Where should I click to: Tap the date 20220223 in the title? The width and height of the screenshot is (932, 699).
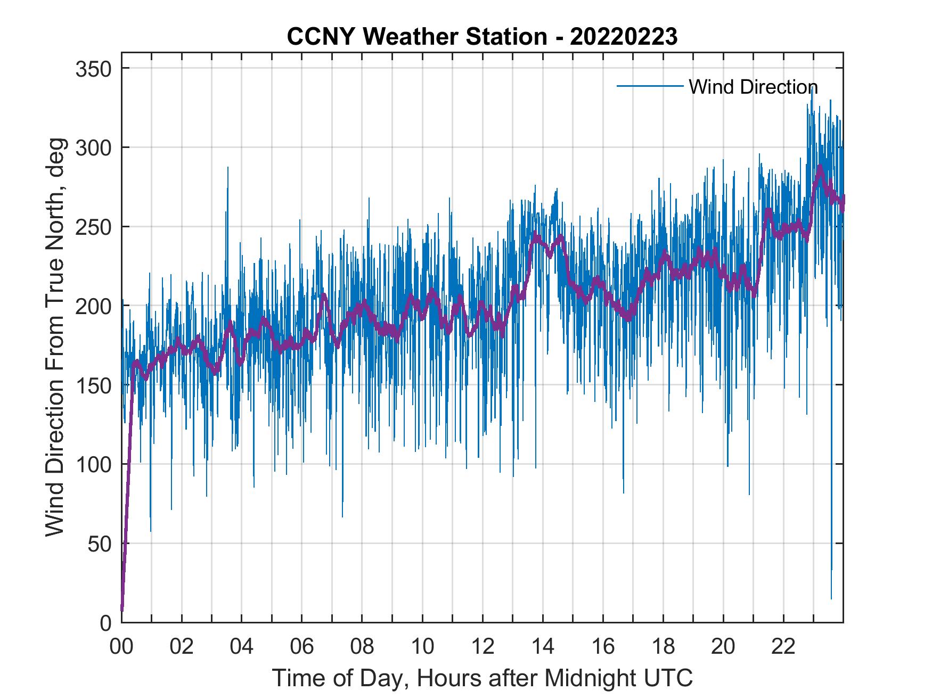click(x=624, y=37)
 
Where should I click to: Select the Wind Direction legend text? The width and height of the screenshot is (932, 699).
click(x=753, y=87)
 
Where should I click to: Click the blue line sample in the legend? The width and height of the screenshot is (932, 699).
click(x=650, y=86)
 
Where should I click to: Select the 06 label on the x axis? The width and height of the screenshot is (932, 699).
click(x=301, y=647)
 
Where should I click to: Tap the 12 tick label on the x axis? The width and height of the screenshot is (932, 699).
click(x=483, y=647)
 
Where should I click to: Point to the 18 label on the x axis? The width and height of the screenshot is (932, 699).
click(x=663, y=647)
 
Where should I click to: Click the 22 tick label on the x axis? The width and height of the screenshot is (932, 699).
click(x=783, y=647)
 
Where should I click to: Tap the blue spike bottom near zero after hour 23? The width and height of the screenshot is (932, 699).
click(x=831, y=598)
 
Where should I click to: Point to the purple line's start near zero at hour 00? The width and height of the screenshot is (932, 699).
click(x=122, y=610)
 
